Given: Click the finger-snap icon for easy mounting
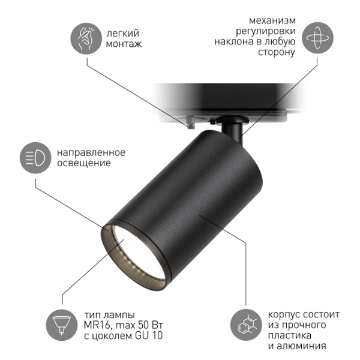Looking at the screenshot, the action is tap(86, 38).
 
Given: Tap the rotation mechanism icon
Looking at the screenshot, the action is tap(317, 38).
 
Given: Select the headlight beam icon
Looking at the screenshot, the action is tap(35, 158).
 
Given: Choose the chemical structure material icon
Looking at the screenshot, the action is tap(246, 325).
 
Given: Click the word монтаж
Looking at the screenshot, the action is tap(124, 44).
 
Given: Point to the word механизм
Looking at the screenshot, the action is tap(272, 20).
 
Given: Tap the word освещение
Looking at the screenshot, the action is tap(84, 163).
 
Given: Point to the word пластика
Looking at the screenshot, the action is tap(290, 335).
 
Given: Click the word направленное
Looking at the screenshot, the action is tap(91, 152).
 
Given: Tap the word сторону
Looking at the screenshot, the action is tap(277, 52).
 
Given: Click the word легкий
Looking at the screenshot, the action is tap(123, 34).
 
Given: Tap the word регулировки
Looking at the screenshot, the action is tap(266, 31).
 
